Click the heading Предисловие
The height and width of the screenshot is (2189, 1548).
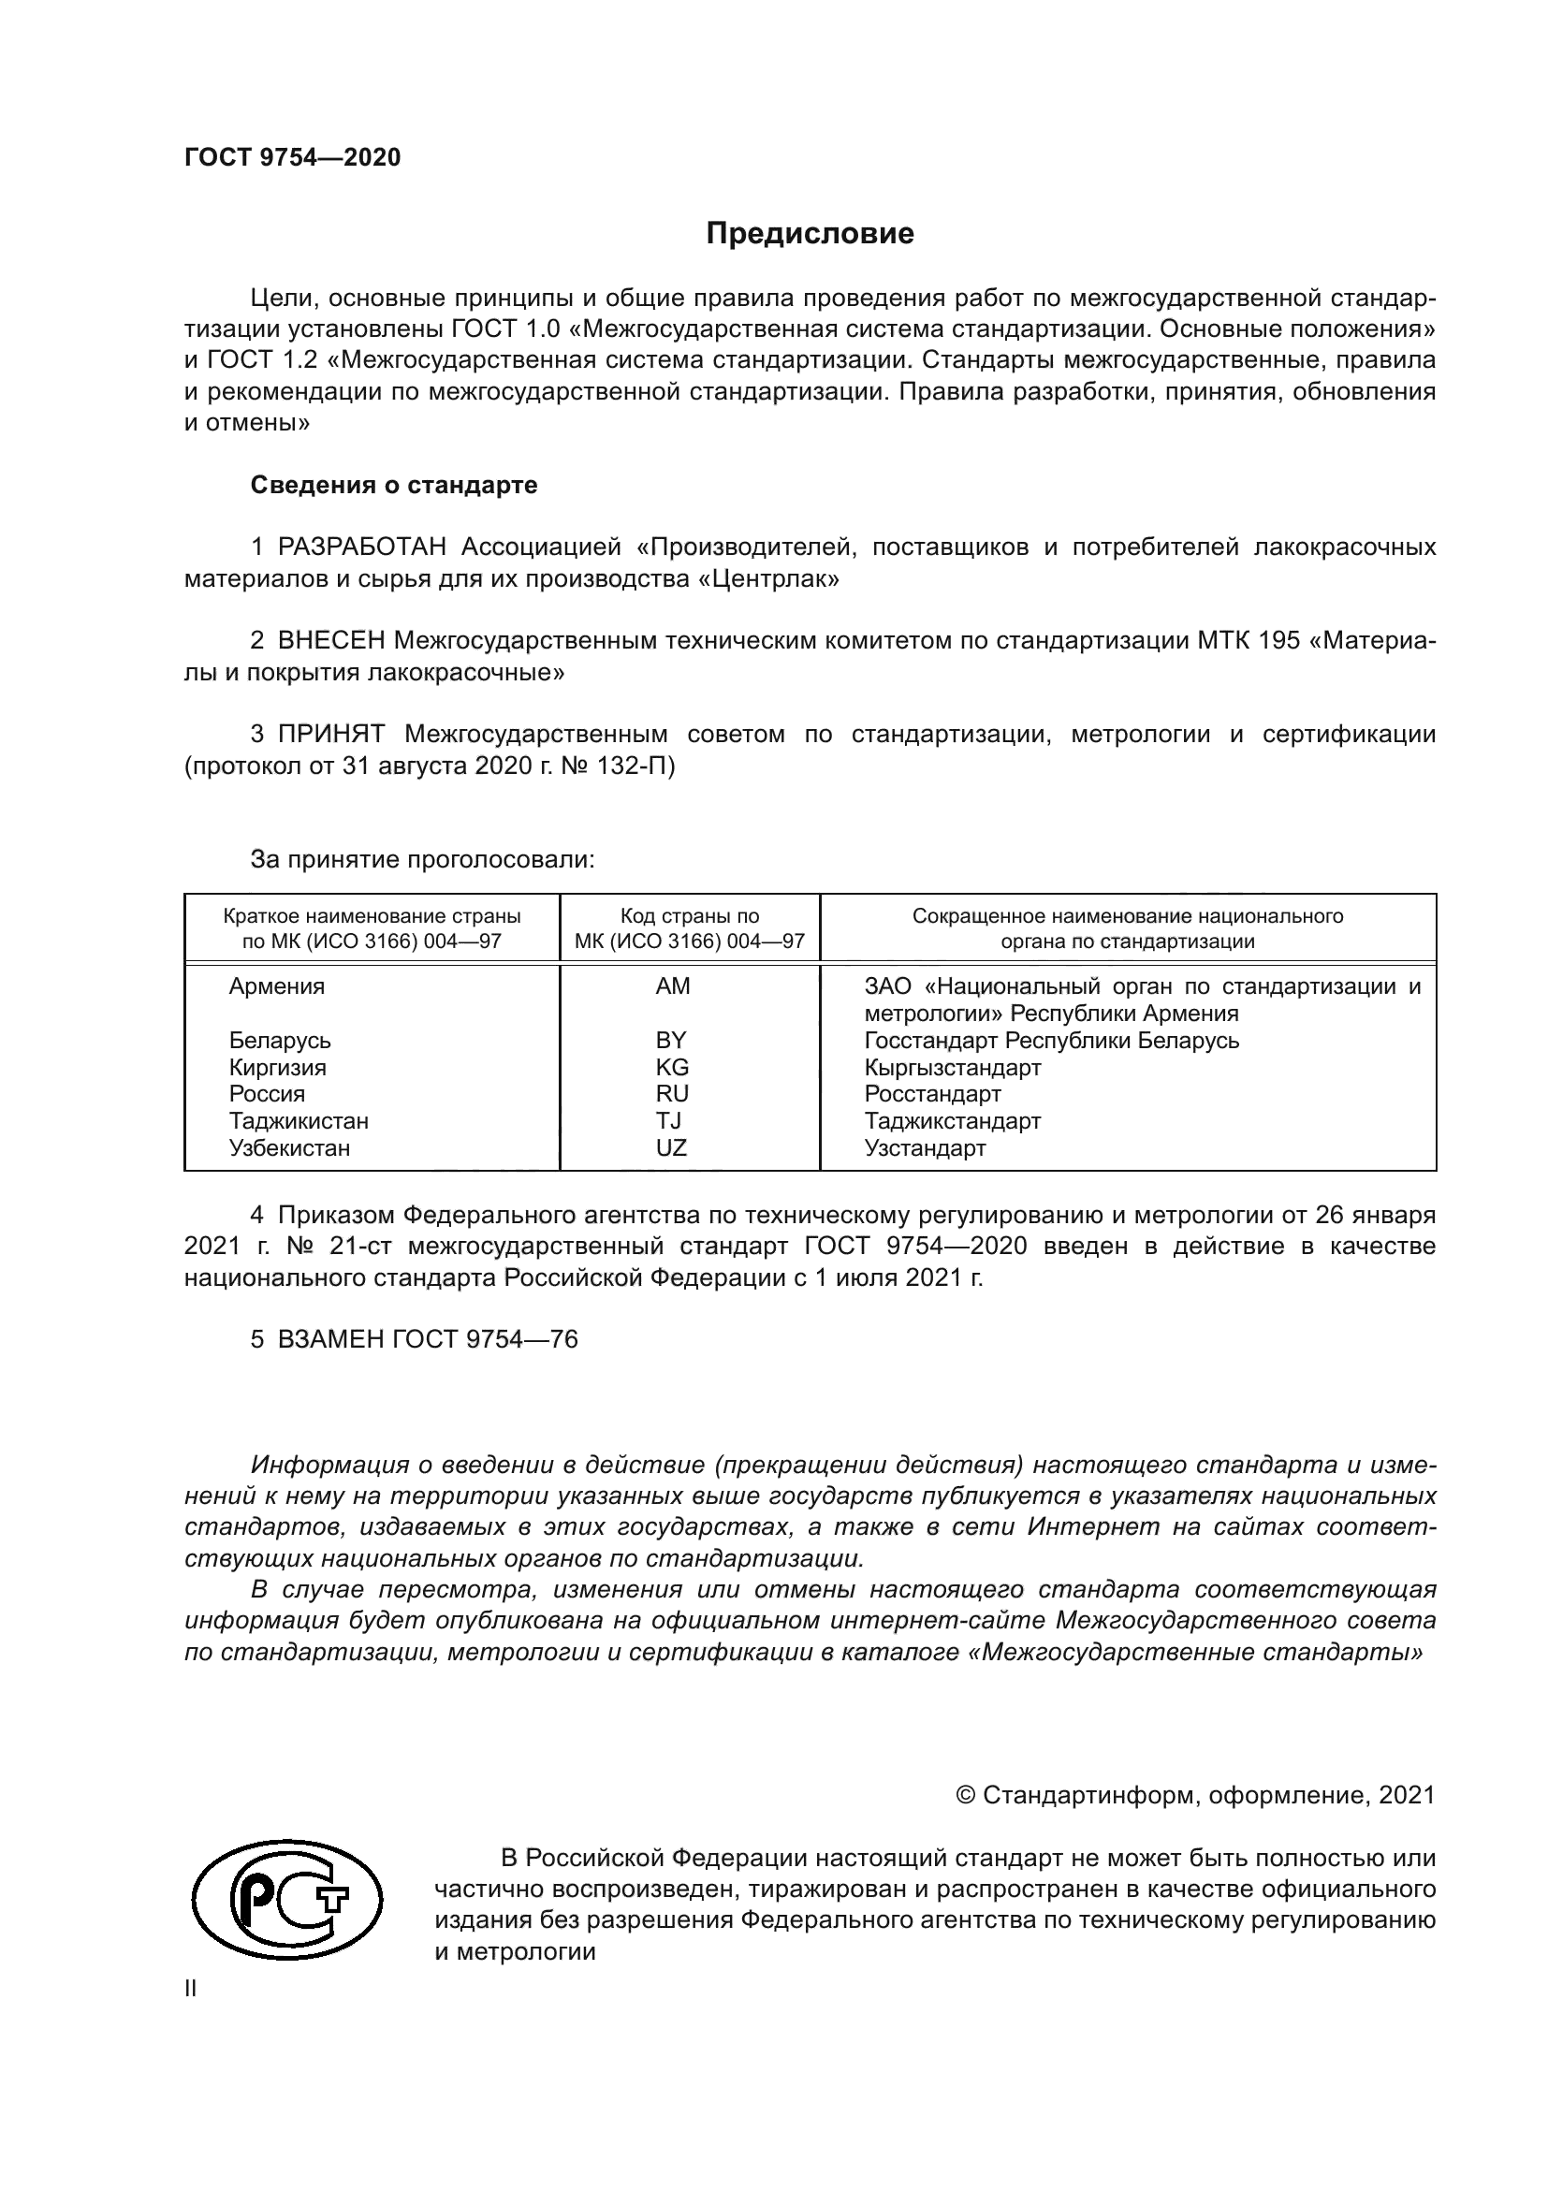810,234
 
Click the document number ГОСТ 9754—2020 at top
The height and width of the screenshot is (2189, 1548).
292,157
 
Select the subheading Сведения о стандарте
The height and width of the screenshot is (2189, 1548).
394,486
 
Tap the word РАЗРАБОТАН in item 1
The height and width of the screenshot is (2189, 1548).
361,547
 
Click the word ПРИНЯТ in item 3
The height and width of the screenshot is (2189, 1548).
330,734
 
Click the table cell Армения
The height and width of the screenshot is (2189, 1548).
276,986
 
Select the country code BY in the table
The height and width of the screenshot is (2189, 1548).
671,1040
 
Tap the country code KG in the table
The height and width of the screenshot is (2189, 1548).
672,1067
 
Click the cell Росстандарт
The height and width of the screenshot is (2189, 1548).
932,1093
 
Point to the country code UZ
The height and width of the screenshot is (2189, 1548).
671,1148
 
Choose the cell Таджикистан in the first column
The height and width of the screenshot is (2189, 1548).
299,1121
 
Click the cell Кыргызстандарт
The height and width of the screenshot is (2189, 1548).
952,1067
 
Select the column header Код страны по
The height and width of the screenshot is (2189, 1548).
689,916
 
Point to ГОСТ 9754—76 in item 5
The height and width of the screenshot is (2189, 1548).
484,1339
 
